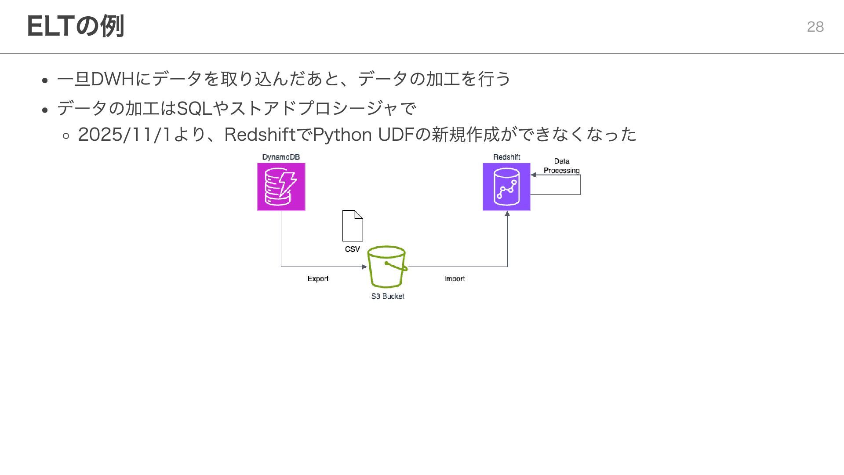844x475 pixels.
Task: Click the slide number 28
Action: click(815, 27)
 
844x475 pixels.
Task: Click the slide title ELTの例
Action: click(76, 26)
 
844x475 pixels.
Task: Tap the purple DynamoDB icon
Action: click(281, 187)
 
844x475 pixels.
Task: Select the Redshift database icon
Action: click(506, 187)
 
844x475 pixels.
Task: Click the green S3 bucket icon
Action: click(387, 267)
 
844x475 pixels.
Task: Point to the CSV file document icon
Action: click(353, 226)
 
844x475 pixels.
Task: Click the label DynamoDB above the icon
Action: click(281, 157)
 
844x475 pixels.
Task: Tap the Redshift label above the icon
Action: click(506, 157)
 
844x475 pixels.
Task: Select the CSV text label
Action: click(352, 249)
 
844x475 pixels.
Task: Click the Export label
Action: click(318, 279)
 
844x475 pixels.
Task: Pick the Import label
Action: click(455, 279)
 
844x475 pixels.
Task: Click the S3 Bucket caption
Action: click(388, 296)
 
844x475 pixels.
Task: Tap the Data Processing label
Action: click(562, 166)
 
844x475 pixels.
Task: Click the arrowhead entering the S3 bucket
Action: click(364, 267)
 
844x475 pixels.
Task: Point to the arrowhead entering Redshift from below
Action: click(507, 214)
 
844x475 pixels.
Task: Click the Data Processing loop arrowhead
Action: click(534, 175)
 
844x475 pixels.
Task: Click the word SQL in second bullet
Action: click(194, 108)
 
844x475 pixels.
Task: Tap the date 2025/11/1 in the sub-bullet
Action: click(124, 135)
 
